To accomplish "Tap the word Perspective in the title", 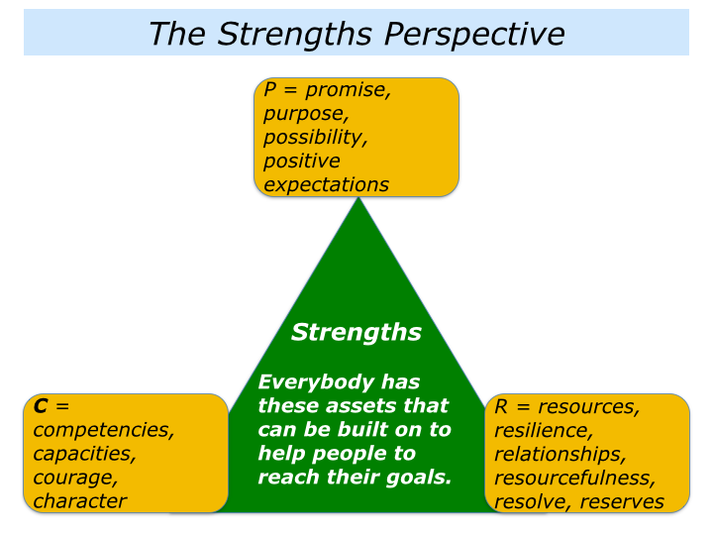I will point(482,35).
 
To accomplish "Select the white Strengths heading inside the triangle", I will point(356,332).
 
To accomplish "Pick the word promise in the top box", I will point(348,90).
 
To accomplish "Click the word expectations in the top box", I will point(326,184).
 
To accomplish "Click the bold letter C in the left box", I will point(41,405).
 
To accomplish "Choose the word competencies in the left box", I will point(104,430).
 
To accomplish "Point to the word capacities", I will point(84,454).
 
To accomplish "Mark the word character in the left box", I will point(79,500).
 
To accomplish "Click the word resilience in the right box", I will point(543,431).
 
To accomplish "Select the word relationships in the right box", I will point(560,455).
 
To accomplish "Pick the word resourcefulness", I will point(574,479).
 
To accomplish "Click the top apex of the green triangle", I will point(356,198).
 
